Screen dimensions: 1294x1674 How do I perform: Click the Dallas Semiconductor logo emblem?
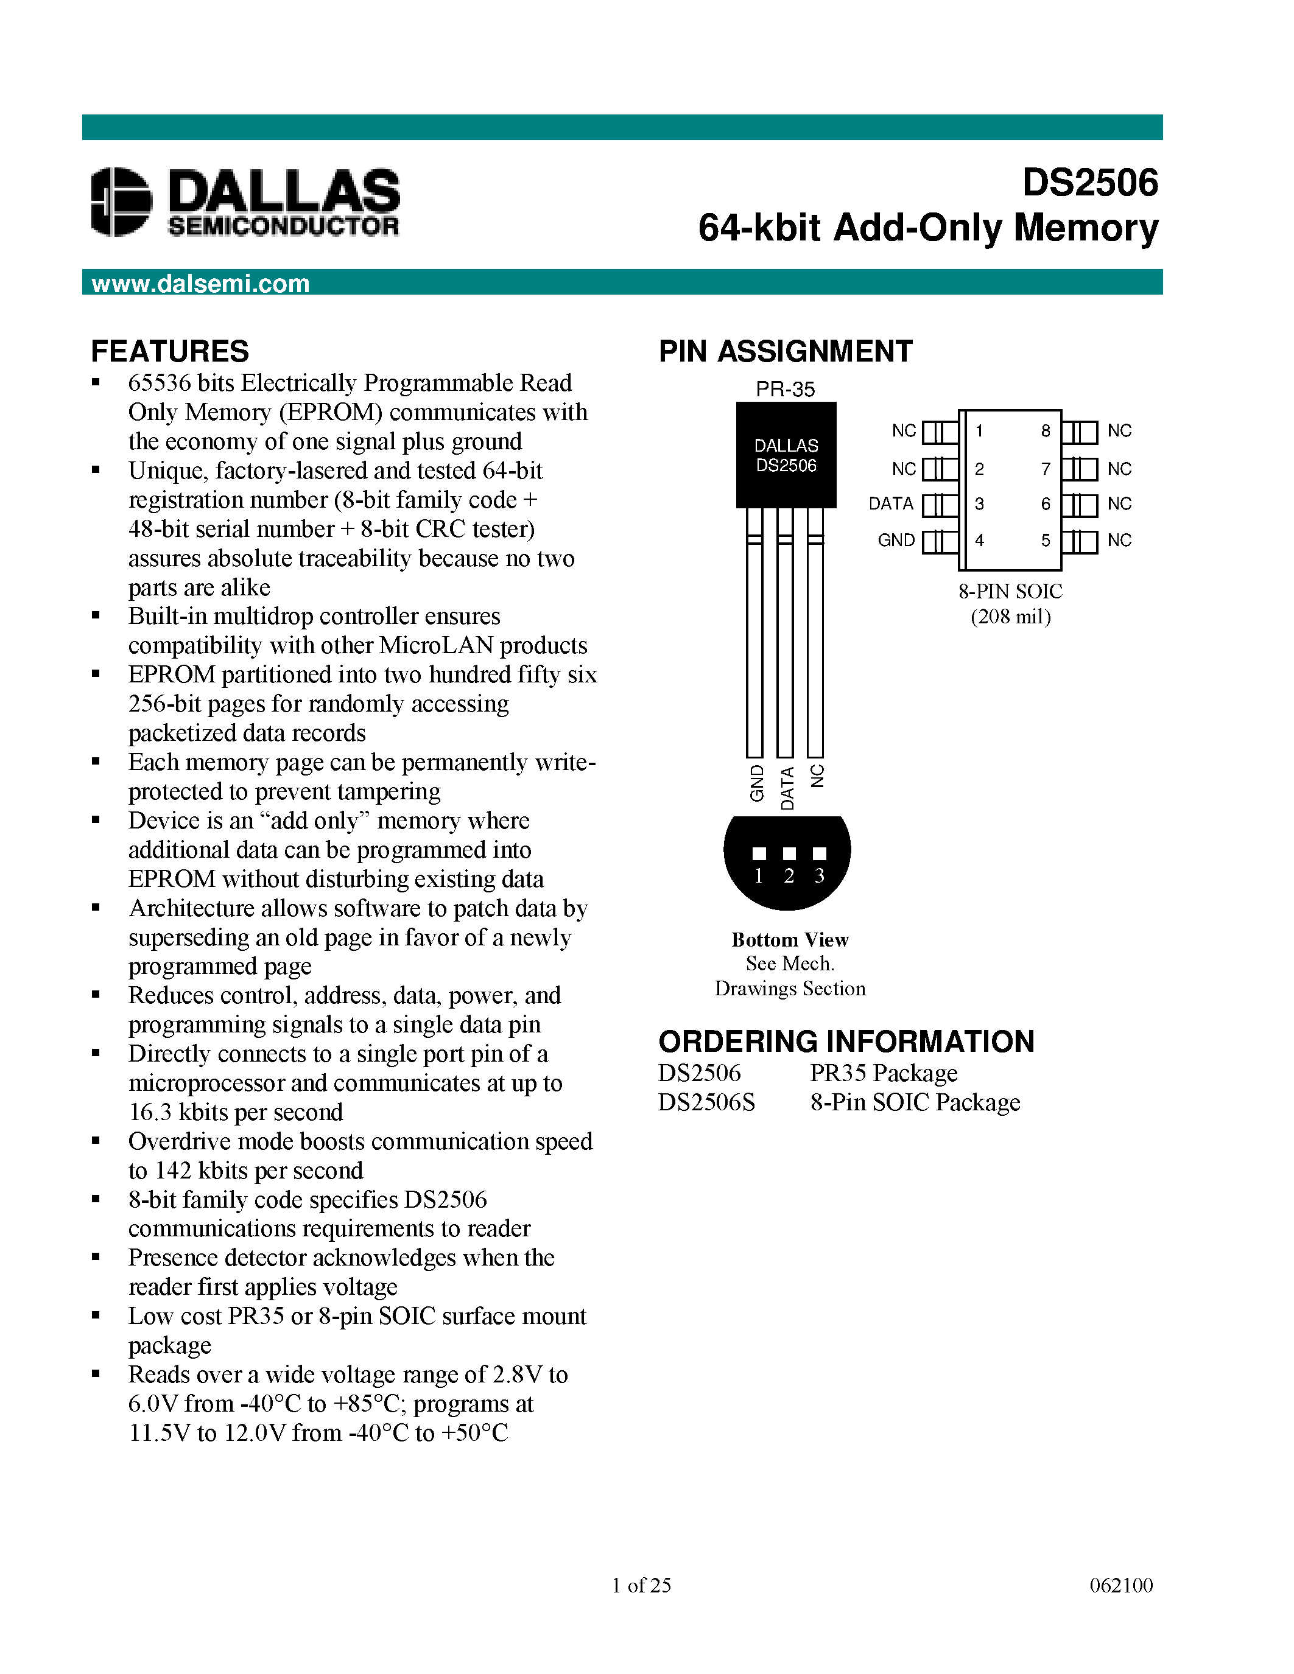pyautogui.click(x=121, y=201)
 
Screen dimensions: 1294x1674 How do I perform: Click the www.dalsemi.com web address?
pyautogui.click(x=200, y=284)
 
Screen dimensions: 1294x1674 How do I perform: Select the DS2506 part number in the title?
pyautogui.click(x=1089, y=183)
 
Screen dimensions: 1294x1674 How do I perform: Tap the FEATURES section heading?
pyautogui.click(x=169, y=351)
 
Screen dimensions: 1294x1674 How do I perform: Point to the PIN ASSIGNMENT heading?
pyautogui.click(x=785, y=351)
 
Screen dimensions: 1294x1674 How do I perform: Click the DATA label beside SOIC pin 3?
pyautogui.click(x=891, y=503)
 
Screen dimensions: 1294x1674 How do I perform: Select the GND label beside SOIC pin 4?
pyautogui.click(x=896, y=541)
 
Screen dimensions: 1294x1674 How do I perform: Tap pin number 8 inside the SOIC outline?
pyautogui.click(x=1046, y=431)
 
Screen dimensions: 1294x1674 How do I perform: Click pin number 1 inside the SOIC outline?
pyautogui.click(x=979, y=431)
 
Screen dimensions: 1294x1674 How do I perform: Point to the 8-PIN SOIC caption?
pyautogui.click(x=1010, y=591)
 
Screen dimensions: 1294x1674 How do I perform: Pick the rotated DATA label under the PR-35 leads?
pyautogui.click(x=787, y=788)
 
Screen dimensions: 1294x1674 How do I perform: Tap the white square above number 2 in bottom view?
pyautogui.click(x=789, y=853)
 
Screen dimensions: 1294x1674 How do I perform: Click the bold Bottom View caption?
pyautogui.click(x=790, y=940)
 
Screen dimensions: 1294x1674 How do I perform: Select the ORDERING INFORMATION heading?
pyautogui.click(x=846, y=1042)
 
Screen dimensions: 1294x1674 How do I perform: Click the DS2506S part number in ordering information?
pyautogui.click(x=706, y=1102)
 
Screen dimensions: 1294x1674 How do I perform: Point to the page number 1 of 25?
pyautogui.click(x=641, y=1585)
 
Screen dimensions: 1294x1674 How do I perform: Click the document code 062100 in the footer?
pyautogui.click(x=1120, y=1585)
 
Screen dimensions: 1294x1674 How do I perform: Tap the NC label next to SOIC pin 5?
pyautogui.click(x=1119, y=541)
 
